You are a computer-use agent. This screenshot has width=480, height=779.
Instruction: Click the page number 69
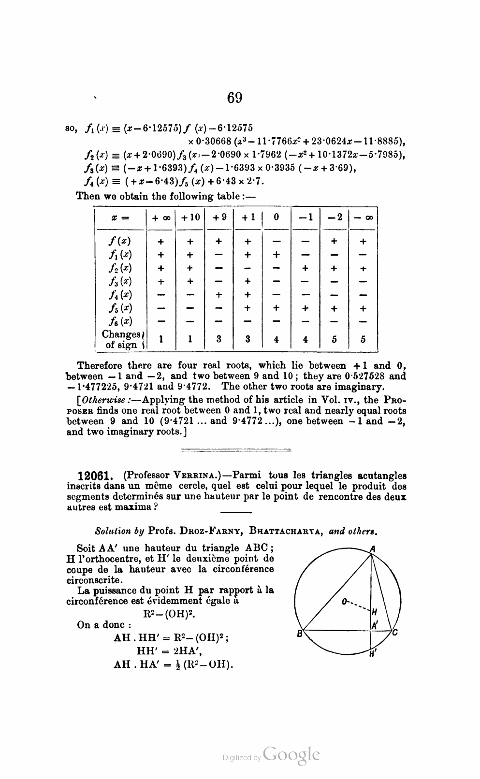(234, 98)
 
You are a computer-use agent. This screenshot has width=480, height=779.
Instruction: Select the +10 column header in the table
(190, 217)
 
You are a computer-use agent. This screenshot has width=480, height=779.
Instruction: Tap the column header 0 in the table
(276, 217)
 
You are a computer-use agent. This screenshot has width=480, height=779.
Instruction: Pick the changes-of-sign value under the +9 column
(219, 339)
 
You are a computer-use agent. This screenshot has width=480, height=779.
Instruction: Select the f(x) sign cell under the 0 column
(276, 241)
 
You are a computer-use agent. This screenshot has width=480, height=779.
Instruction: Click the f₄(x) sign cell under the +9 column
(219, 295)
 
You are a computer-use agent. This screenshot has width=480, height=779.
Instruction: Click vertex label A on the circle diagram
(372, 548)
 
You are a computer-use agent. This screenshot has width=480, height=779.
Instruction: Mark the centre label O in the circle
(344, 602)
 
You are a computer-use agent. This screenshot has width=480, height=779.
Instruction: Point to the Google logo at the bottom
(291, 755)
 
